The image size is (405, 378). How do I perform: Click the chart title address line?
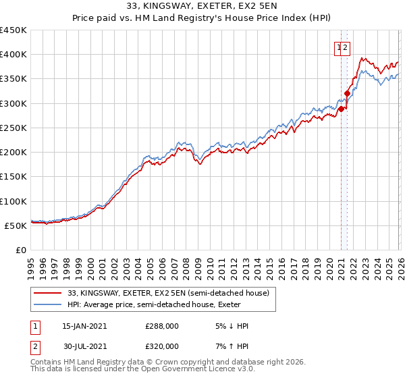tap(202, 6)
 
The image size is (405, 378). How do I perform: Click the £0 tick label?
tap(21, 250)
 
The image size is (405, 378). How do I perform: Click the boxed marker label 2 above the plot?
tap(345, 47)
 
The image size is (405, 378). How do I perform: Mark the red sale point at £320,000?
tap(348, 94)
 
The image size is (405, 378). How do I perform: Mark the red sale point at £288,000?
tap(342, 109)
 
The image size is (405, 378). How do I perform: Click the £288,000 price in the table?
tap(162, 326)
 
